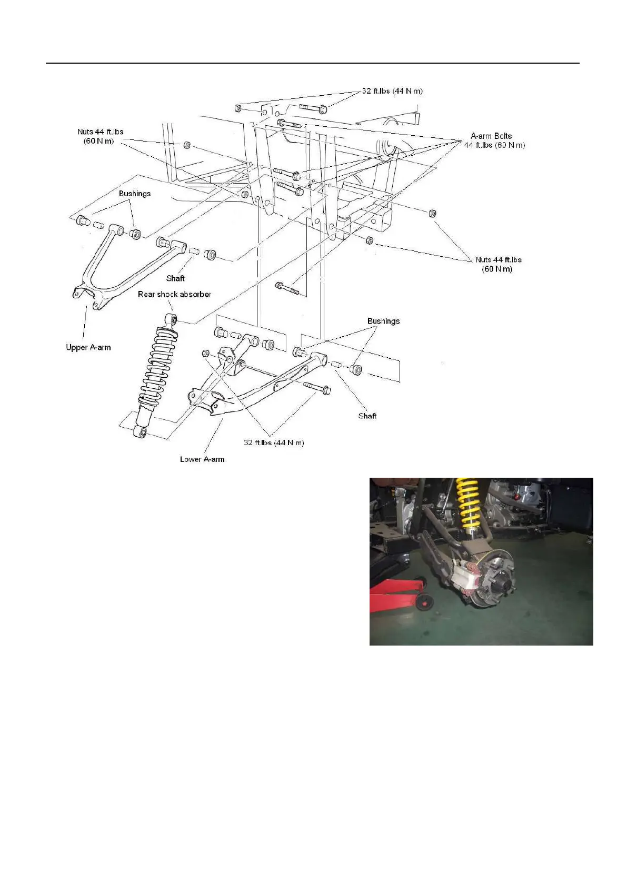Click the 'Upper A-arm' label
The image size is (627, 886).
(x=88, y=347)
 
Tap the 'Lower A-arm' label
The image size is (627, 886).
(x=202, y=459)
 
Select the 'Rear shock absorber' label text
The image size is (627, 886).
(x=174, y=295)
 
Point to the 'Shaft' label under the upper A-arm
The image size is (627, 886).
(x=175, y=278)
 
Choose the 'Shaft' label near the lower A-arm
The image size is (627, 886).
(x=367, y=416)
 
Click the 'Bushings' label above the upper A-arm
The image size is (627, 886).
(x=134, y=194)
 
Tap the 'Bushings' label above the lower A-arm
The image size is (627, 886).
(x=383, y=321)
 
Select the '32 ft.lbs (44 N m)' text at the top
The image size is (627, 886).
(x=392, y=91)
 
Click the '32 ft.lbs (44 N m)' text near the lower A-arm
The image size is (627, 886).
(x=274, y=442)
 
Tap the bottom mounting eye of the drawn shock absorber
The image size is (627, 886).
(x=140, y=431)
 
